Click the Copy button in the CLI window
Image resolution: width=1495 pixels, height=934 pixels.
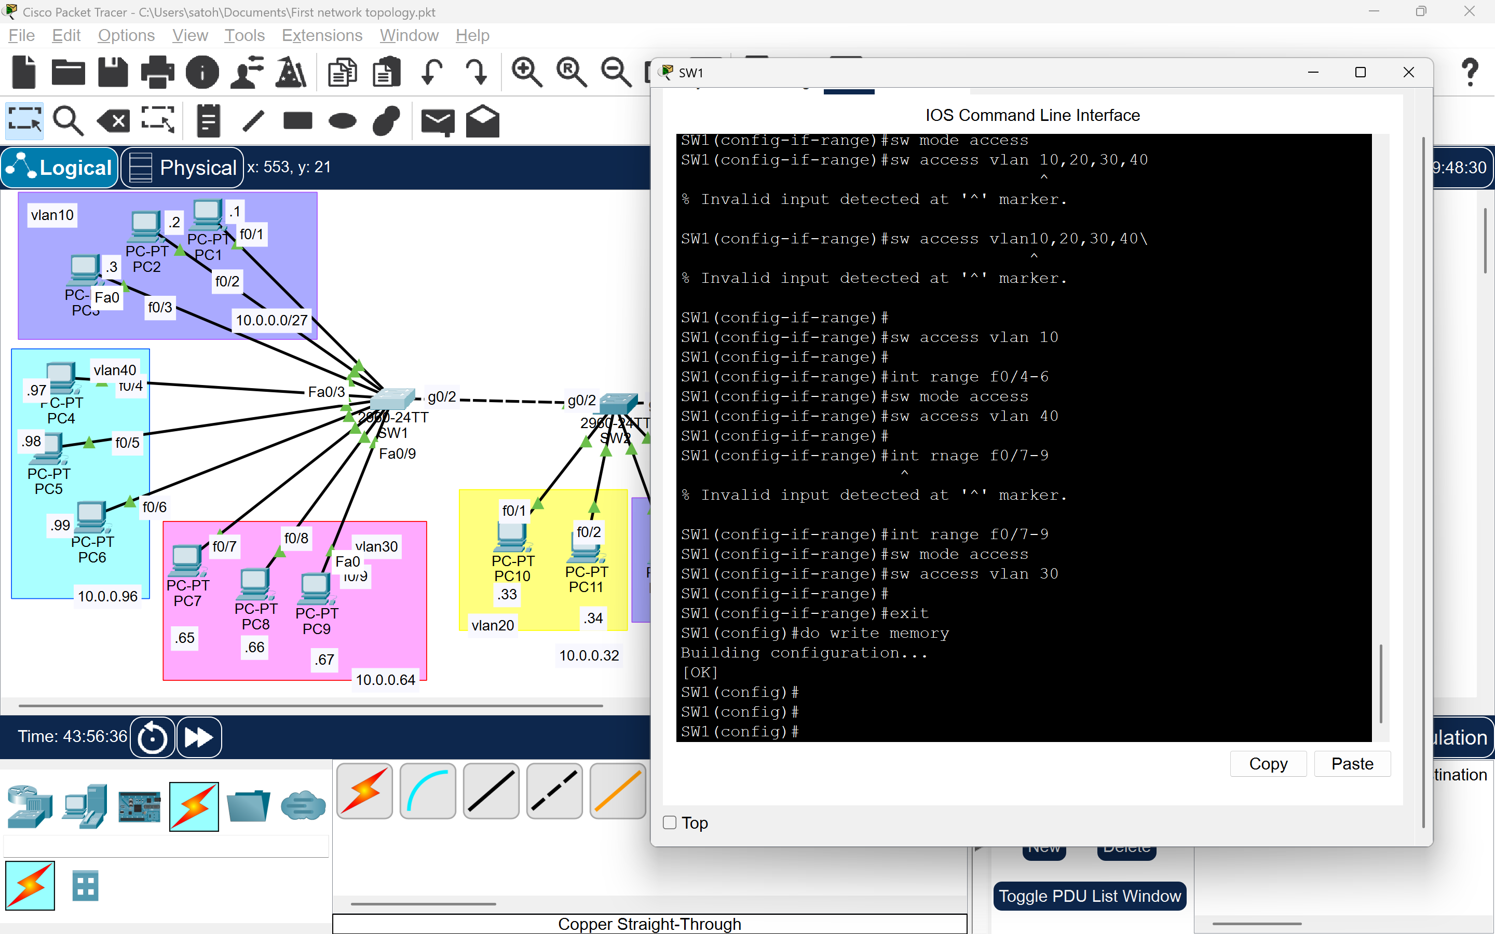point(1268,764)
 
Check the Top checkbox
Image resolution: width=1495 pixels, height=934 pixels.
point(670,823)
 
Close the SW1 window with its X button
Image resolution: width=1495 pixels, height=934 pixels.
point(1408,72)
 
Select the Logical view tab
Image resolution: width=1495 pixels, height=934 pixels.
point(60,168)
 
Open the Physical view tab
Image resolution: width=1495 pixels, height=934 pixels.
point(183,168)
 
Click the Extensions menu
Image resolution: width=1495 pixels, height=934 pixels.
point(322,35)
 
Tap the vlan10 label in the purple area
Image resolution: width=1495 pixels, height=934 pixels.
point(52,215)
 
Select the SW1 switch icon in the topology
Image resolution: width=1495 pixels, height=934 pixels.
point(393,399)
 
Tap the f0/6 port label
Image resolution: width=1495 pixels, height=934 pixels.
point(155,507)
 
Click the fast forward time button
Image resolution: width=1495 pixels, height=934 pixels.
point(199,737)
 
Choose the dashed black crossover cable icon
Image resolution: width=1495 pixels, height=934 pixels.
point(554,791)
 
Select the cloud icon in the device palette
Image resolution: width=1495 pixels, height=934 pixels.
point(303,805)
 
